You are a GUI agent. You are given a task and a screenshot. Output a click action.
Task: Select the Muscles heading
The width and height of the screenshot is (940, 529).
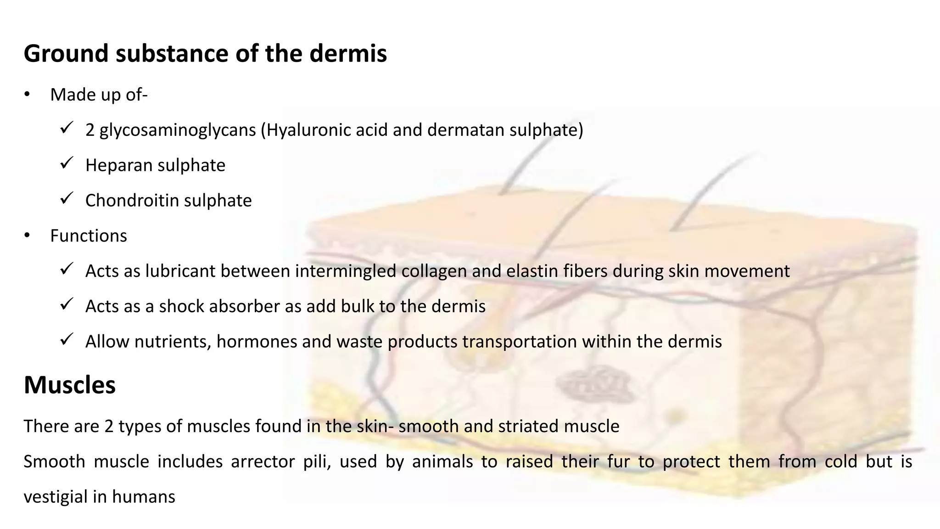69,385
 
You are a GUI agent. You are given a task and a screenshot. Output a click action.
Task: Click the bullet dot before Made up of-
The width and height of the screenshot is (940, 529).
27,95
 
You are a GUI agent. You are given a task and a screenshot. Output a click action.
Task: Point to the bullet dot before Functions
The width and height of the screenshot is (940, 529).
27,236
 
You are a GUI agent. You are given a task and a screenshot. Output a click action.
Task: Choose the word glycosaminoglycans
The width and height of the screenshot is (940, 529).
178,130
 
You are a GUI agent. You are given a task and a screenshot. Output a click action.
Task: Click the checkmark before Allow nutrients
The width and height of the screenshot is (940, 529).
67,339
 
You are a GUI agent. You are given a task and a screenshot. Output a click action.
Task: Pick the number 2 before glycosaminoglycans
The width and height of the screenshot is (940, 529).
90,130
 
